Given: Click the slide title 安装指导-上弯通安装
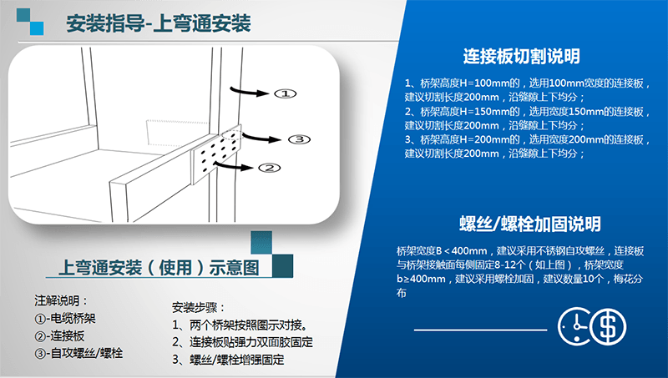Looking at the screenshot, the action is click(x=159, y=23).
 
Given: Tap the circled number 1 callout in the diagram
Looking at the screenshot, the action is click(x=285, y=93).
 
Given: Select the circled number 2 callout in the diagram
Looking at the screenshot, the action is click(x=270, y=168).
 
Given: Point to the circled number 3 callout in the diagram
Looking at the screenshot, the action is click(x=300, y=139).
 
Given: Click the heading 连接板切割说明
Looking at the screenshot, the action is click(x=521, y=56).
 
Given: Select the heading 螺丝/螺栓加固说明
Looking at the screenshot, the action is click(x=530, y=224).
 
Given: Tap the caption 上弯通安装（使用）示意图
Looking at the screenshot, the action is click(x=159, y=268).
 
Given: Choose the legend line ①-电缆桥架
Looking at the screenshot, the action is click(x=65, y=319).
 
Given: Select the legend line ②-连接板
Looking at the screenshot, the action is click(x=59, y=335).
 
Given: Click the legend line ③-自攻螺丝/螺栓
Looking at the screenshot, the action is click(x=78, y=353).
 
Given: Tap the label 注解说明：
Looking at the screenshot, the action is click(x=61, y=301).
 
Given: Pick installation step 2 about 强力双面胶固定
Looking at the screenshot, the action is click(x=242, y=342).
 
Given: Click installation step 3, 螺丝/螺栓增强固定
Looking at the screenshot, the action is click(x=228, y=360).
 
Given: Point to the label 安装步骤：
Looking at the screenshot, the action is click(x=199, y=307).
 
